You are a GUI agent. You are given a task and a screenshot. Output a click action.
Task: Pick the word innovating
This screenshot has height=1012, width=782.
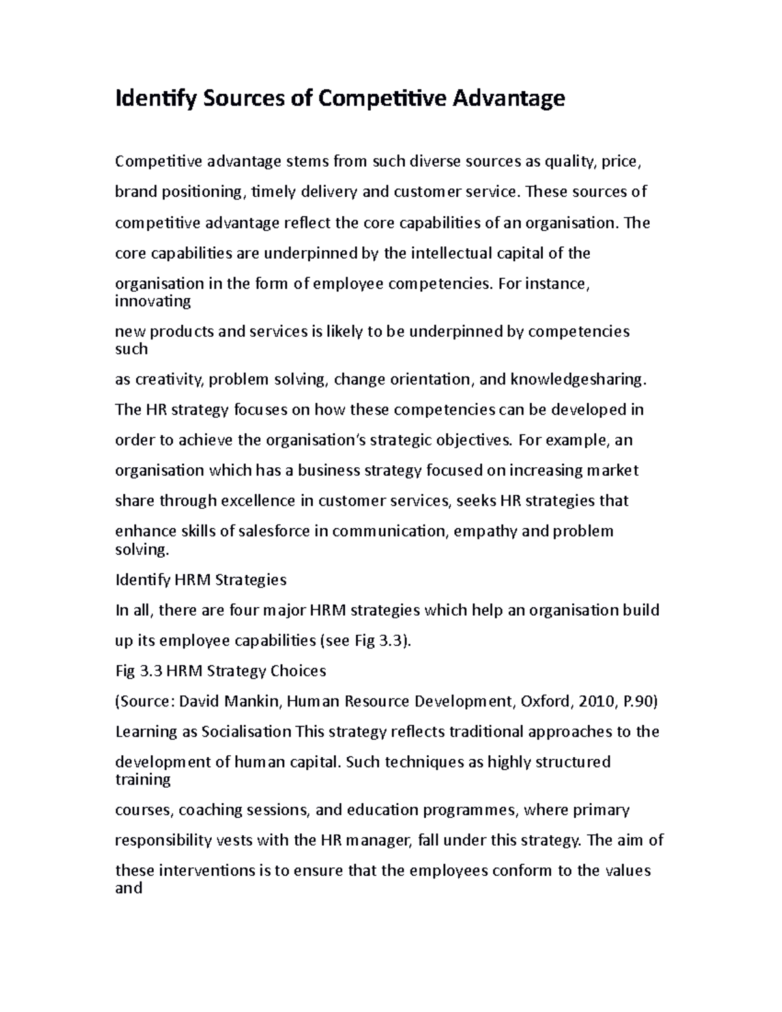[152, 302]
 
